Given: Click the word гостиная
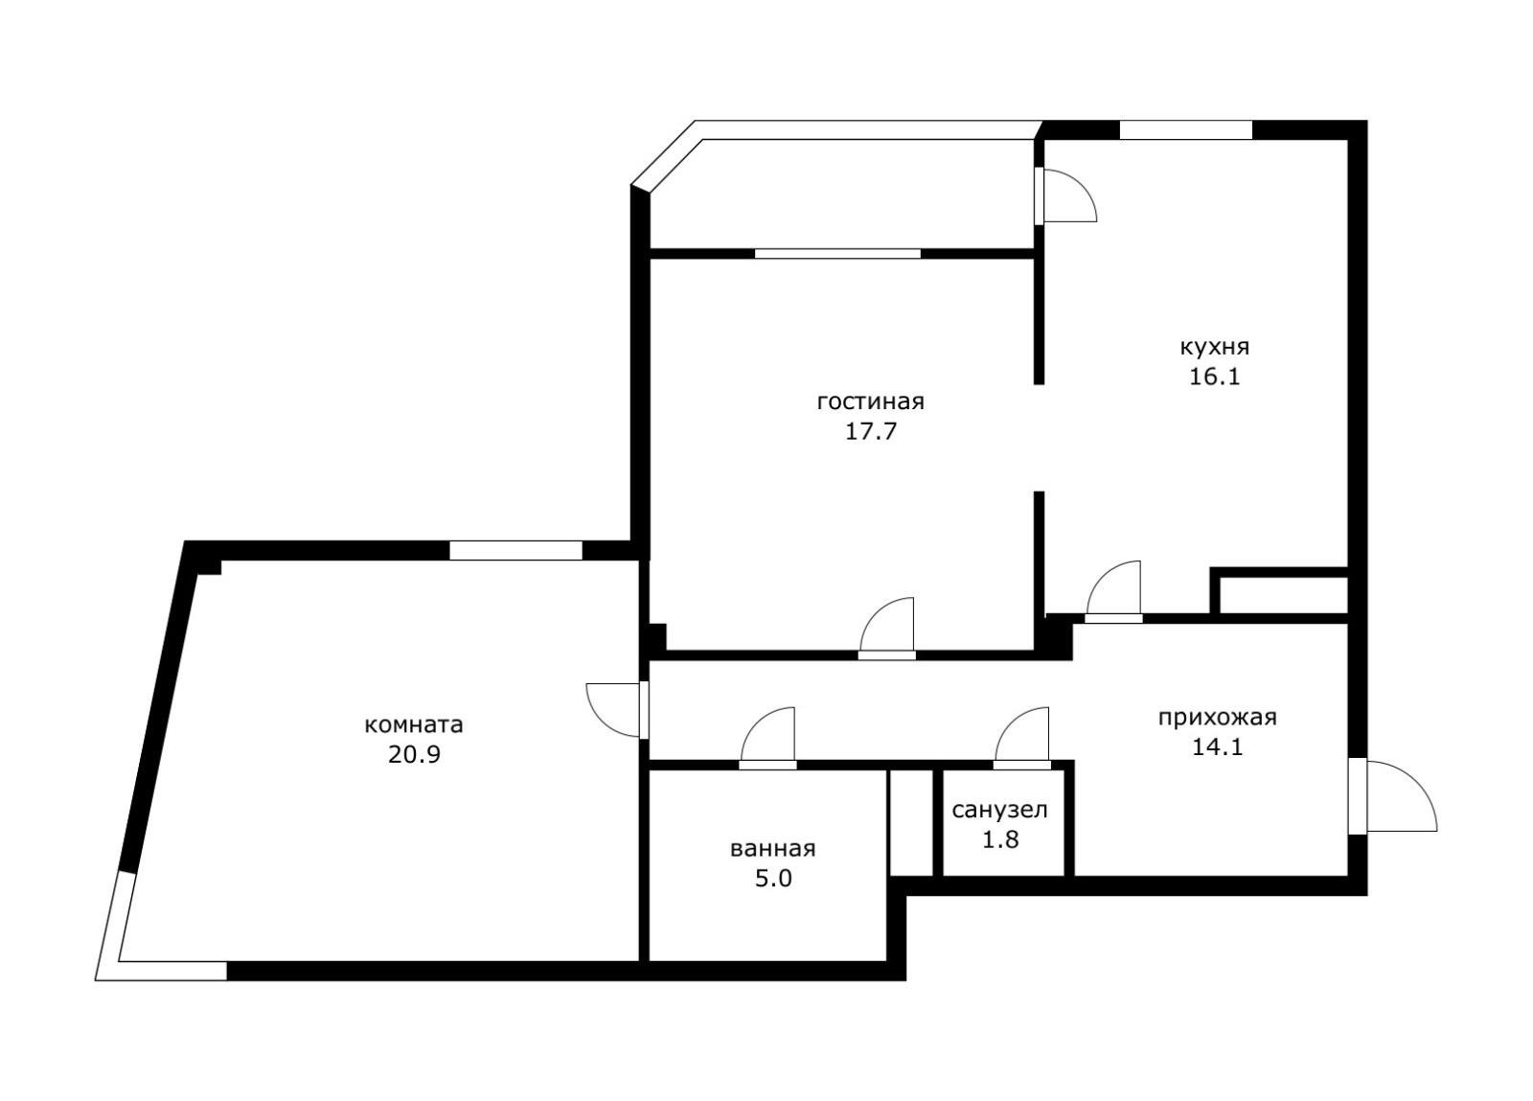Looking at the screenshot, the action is pos(871,402).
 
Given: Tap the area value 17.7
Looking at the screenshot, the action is pos(871,432).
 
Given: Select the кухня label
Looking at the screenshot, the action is pos(1215,347).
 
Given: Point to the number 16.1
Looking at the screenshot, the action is pos(1215,377).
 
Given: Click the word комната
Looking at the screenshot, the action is pos(414,724).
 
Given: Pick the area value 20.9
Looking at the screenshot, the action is pos(414,755).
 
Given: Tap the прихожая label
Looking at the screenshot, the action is pos(1218,718).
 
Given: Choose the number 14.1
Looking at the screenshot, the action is pos(1218,747).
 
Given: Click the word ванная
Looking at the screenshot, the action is pos(773,849).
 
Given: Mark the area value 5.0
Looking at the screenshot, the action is pos(773,879).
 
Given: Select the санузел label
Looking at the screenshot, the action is pos(1000,811).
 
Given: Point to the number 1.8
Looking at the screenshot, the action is pos(1000,839).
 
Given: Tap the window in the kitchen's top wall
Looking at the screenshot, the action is pos(1186,130).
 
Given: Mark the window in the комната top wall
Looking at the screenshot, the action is pos(516,551).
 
